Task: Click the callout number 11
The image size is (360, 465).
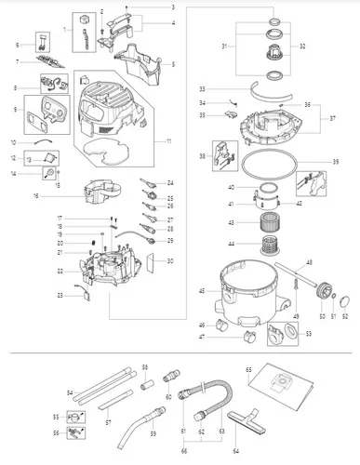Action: coord(168,140)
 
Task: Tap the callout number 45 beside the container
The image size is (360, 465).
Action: coord(201,291)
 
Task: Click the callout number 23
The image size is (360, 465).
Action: coord(58,295)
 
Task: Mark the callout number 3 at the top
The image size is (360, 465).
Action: coord(172,7)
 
